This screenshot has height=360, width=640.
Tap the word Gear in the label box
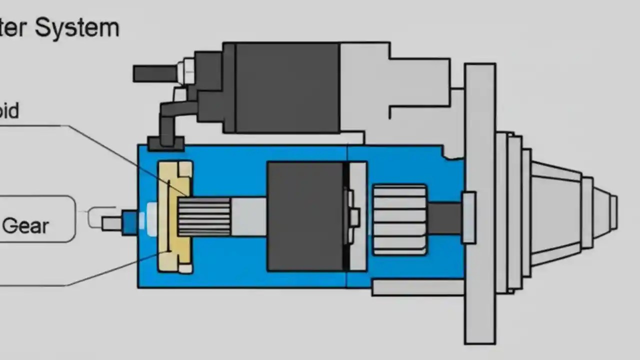(x=25, y=226)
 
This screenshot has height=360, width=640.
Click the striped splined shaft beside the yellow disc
(x=204, y=216)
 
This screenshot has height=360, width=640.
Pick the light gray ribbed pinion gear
(x=399, y=219)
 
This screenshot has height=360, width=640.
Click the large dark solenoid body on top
(x=286, y=87)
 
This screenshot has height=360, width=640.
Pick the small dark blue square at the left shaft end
(x=129, y=222)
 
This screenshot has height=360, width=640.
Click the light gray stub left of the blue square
(x=111, y=223)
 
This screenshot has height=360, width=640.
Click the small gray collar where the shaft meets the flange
(x=468, y=218)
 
